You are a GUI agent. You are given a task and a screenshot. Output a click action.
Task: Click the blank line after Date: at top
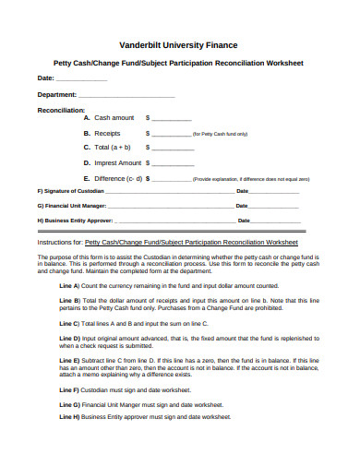pos(81,81)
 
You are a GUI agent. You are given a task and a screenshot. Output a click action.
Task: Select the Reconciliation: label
pos(61,109)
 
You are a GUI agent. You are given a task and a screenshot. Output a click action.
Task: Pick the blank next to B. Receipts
pos(171,134)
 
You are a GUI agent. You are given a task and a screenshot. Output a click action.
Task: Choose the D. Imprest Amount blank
pos(175,163)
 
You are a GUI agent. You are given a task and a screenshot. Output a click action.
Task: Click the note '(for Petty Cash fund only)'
pos(220,135)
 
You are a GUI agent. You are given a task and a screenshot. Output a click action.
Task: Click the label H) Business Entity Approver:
pos(75,221)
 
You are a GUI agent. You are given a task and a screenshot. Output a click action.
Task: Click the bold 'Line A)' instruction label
pos(70,286)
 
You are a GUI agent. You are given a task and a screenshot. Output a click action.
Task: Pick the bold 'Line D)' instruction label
pos(70,339)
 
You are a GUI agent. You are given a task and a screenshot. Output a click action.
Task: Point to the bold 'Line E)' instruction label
pos(70,359)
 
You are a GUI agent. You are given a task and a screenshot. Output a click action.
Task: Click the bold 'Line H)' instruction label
pos(70,416)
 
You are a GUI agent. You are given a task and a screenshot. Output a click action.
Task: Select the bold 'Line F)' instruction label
pos(70,390)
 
